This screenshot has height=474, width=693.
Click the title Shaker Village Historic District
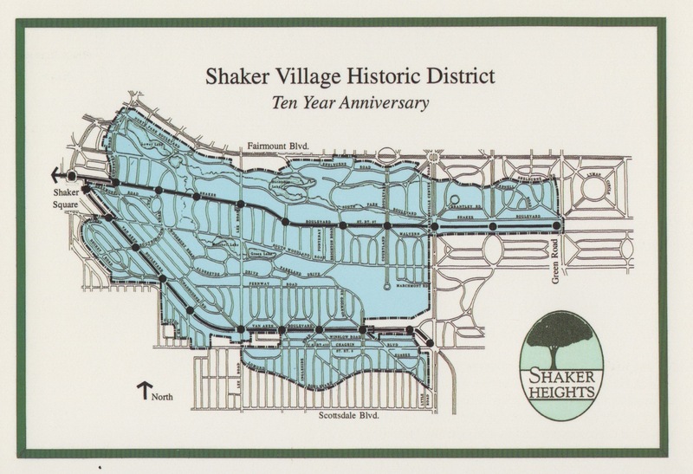click(346, 75)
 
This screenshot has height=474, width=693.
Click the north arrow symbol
click(140, 389)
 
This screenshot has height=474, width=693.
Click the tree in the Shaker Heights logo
click(557, 337)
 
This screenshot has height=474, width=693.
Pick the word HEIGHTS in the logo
click(556, 390)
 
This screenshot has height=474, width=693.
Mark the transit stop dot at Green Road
click(556, 227)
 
